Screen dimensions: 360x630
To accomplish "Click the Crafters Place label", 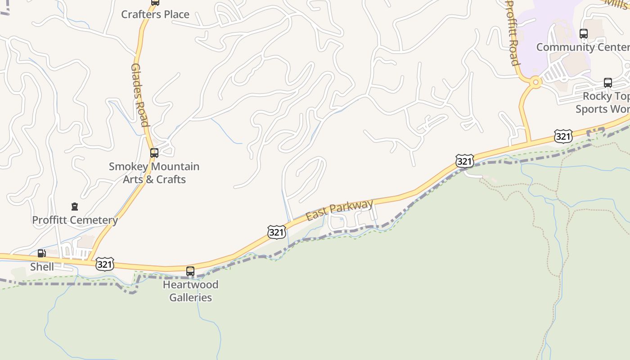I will click(x=155, y=14).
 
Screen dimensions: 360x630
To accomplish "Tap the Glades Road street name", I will click(x=139, y=94).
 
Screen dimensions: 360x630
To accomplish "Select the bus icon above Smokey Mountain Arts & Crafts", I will click(x=154, y=153).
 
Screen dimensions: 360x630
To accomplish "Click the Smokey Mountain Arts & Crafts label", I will click(x=154, y=173).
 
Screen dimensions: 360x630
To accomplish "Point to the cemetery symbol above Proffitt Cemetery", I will click(x=75, y=207).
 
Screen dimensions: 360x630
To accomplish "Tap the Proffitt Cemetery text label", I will click(x=75, y=220).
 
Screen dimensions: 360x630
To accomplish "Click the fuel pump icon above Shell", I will click(x=41, y=253).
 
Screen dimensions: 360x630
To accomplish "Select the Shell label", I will click(x=42, y=267).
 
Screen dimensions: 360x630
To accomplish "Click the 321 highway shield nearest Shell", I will click(x=104, y=264).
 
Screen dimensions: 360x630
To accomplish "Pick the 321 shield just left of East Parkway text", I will click(x=276, y=232).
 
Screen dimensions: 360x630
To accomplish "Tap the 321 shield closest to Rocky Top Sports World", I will click(x=563, y=136).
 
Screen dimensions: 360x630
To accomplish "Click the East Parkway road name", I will click(x=340, y=210).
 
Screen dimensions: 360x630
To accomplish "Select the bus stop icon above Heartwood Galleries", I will click(x=190, y=271).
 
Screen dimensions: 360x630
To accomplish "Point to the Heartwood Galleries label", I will click(x=190, y=291).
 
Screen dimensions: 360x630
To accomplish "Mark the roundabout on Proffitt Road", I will click(x=535, y=82).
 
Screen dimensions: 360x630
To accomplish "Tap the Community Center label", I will click(x=583, y=47).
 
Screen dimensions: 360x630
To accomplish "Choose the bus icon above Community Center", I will click(x=584, y=34).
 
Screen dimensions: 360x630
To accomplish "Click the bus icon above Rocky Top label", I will click(x=608, y=83).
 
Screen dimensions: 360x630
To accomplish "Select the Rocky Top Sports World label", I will click(x=603, y=103).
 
